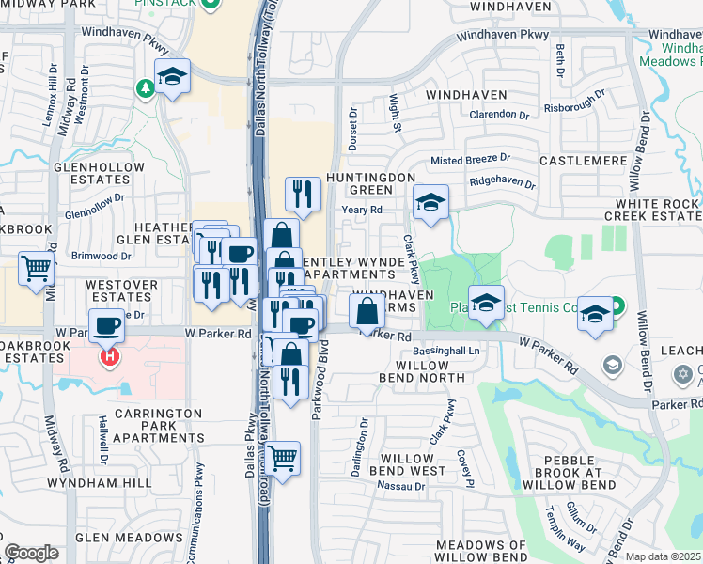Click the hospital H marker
pyautogui.click(x=110, y=358)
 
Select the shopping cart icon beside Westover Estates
pyautogui.click(x=36, y=269)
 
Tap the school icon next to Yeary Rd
pyautogui.click(x=430, y=202)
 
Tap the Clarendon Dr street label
pyautogui.click(x=498, y=115)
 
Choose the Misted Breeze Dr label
pyautogui.click(x=470, y=159)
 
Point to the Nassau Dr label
pyautogui.click(x=401, y=487)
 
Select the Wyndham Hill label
pyautogui.click(x=114, y=482)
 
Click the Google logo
pyautogui.click(x=31, y=553)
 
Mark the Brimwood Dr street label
pyautogui.click(x=101, y=256)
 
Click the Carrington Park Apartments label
pyautogui.click(x=158, y=426)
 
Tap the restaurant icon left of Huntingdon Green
pyautogui.click(x=303, y=194)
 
